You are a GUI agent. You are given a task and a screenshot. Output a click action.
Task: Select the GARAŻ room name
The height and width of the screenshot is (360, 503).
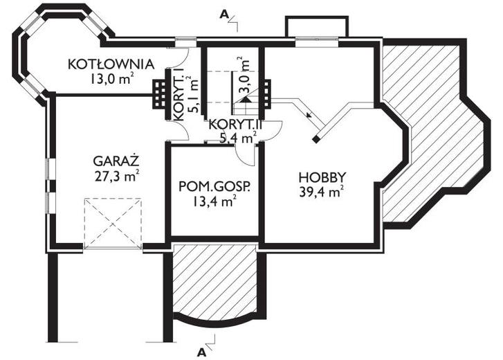pyautogui.click(x=116, y=161)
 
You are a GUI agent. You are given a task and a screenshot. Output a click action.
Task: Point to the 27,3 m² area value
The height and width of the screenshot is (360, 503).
pyautogui.click(x=116, y=174)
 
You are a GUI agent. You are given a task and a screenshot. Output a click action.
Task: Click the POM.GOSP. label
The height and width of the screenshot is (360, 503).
pyautogui.click(x=214, y=186)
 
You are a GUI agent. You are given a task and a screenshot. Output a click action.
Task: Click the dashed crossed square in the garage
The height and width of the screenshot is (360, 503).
pyautogui.click(x=113, y=221)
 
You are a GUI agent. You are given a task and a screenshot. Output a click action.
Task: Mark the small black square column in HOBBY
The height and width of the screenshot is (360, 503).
pyautogui.click(x=315, y=139)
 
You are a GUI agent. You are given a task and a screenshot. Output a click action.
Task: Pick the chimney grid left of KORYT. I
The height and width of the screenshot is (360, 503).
pyautogui.click(x=160, y=93)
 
